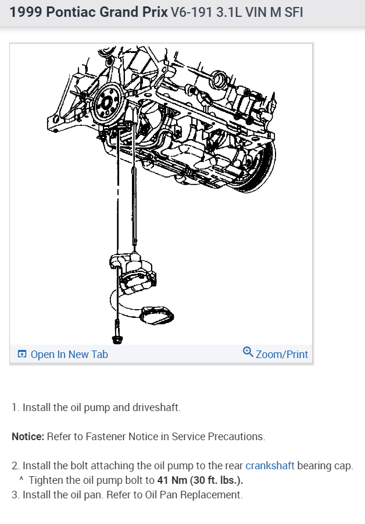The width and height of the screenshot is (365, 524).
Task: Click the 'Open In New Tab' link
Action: tap(69, 354)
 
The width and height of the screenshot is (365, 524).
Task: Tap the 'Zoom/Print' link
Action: tap(281, 354)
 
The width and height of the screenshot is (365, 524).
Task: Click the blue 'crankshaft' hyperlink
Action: tap(270, 466)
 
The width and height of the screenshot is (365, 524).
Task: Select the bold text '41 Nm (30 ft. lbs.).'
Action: tap(200, 480)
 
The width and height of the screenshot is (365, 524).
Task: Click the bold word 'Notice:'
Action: tap(28, 436)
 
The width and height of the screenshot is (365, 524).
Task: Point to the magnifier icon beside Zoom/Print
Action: tap(248, 353)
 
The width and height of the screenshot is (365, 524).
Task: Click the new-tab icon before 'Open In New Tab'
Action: tap(22, 354)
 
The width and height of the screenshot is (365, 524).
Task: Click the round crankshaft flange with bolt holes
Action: tap(107, 103)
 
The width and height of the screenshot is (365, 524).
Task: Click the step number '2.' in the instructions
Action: tap(16, 466)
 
